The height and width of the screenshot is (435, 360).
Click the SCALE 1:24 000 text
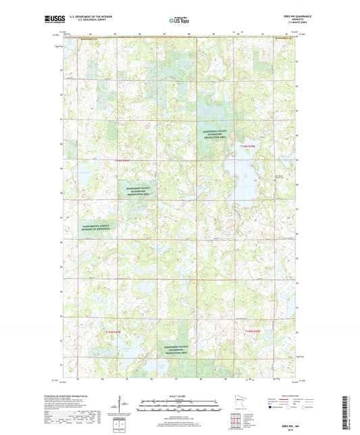point(180,394)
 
